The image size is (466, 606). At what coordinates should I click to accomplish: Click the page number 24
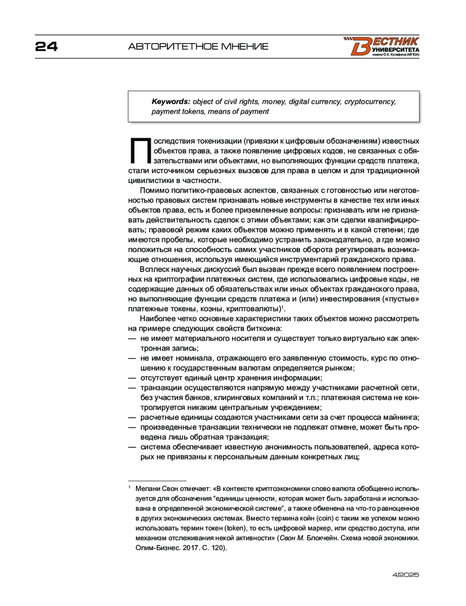tap(46, 47)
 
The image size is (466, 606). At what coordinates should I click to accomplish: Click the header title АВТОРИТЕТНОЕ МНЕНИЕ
tap(198, 47)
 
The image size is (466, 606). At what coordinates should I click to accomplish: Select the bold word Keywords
tap(171, 102)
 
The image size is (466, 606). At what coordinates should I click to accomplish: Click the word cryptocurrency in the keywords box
tap(370, 102)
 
